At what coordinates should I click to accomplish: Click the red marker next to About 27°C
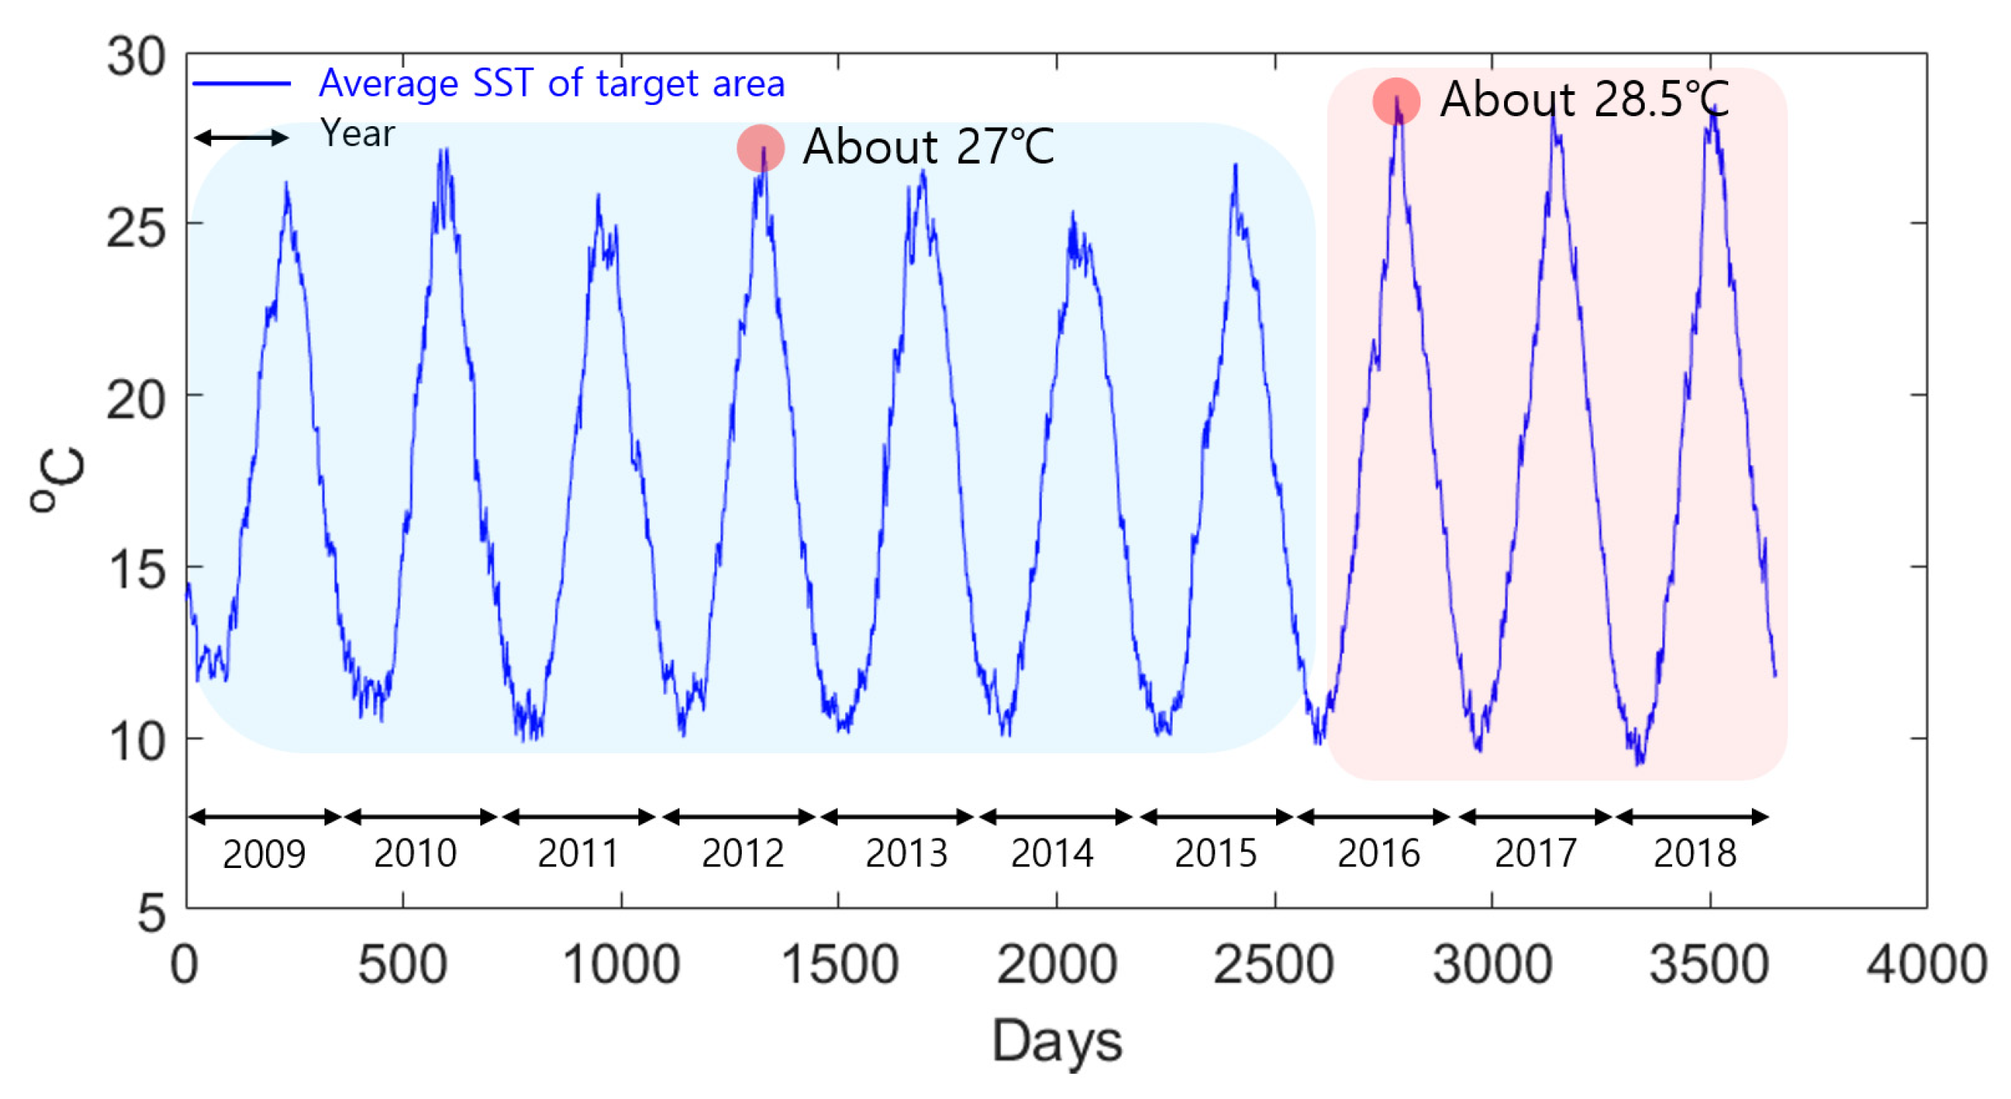(760, 147)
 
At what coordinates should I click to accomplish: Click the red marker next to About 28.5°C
(1396, 100)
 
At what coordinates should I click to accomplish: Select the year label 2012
(742, 853)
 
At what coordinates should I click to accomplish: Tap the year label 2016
(1378, 853)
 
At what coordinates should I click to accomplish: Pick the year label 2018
(1695, 853)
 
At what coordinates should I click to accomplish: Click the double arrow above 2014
(1056, 817)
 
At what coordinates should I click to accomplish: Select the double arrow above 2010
(421, 817)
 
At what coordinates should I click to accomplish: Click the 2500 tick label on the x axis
(1273, 964)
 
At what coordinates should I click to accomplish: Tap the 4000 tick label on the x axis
(1926, 964)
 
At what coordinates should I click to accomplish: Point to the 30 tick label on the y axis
(136, 57)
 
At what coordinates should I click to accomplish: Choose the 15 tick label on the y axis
(136, 571)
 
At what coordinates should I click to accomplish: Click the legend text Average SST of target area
(551, 83)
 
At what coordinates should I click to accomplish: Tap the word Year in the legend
(357, 134)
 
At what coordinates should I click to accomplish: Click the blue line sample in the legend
(241, 83)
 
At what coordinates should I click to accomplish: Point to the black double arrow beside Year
(241, 138)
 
